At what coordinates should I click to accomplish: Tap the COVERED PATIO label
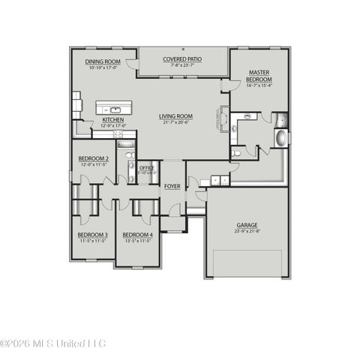pyautogui.click(x=182, y=58)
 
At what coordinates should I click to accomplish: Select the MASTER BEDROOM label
pyautogui.click(x=259, y=76)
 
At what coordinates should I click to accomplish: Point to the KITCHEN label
pyautogui.click(x=112, y=120)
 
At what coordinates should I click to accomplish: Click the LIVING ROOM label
pyautogui.click(x=175, y=116)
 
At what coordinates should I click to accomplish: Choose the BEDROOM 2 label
pyautogui.click(x=94, y=158)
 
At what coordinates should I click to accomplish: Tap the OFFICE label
pyautogui.click(x=147, y=168)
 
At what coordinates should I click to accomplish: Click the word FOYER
pyautogui.click(x=172, y=185)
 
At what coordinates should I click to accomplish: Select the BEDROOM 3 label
pyautogui.click(x=93, y=235)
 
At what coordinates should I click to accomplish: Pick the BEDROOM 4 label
pyautogui.click(x=137, y=235)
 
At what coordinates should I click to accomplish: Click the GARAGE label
pyautogui.click(x=247, y=224)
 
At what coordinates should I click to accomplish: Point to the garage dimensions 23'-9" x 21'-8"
pyautogui.click(x=247, y=231)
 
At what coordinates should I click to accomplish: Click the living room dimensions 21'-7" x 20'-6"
pyautogui.click(x=175, y=123)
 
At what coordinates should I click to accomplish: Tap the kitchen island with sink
pyautogui.click(x=114, y=107)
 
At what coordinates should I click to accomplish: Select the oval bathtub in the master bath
pyautogui.click(x=281, y=139)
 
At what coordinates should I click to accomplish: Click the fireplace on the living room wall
pyautogui.click(x=224, y=121)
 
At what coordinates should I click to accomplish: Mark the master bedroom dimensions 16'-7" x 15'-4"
pyautogui.click(x=259, y=87)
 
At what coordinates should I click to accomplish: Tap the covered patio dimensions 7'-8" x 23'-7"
pyautogui.click(x=182, y=64)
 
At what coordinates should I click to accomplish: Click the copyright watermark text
pyautogui.click(x=53, y=343)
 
